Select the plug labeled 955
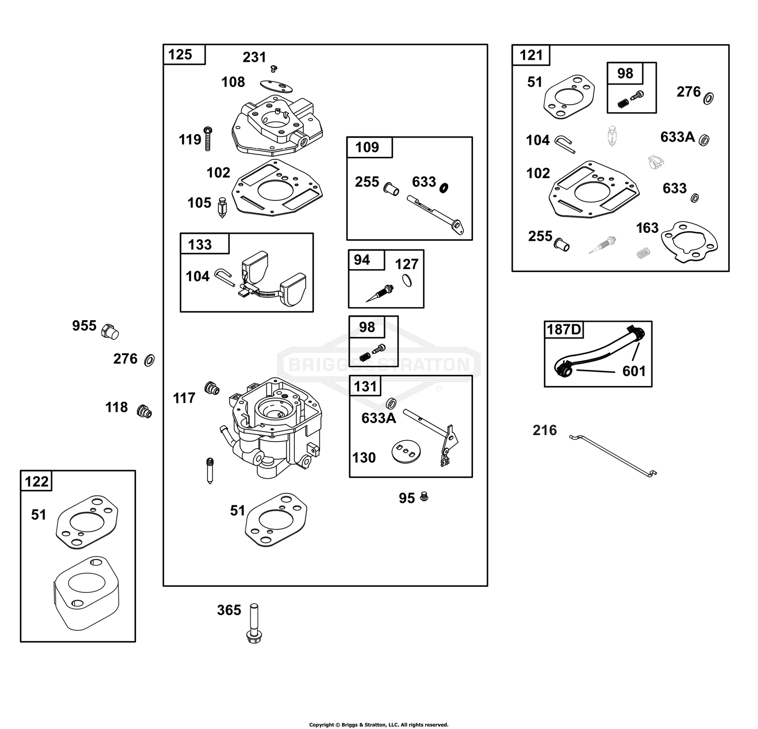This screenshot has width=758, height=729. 110,332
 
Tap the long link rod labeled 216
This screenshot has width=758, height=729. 613,456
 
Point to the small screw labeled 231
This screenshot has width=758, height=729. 275,67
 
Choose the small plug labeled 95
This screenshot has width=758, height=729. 424,497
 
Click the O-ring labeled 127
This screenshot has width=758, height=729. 407,280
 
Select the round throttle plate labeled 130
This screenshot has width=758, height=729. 407,451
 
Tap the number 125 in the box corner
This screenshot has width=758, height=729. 180,54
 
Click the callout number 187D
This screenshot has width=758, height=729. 564,330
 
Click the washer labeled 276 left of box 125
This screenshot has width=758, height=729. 149,360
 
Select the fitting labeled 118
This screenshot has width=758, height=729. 144,411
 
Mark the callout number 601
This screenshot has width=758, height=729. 634,371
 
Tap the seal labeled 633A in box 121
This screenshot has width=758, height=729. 703,140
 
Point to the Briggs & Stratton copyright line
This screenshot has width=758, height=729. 378,725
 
